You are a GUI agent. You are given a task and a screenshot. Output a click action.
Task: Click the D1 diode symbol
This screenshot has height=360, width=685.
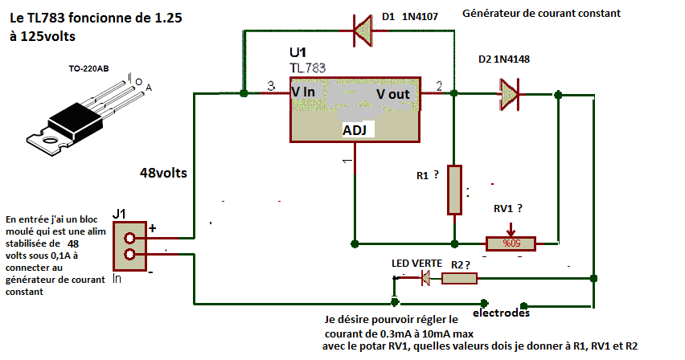363,32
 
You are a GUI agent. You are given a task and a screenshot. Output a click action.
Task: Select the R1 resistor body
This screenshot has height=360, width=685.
455,190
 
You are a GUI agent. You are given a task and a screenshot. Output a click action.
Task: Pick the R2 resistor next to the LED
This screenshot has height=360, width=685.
459,278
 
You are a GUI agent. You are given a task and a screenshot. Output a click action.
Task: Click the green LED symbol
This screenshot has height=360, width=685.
426,278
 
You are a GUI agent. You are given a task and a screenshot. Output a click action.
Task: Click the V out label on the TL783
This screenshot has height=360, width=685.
393,94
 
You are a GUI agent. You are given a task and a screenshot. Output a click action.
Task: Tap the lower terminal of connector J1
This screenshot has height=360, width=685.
130,257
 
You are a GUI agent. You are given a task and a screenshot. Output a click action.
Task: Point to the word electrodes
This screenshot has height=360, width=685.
502,313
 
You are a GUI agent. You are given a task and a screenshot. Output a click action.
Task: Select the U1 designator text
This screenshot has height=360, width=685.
298,53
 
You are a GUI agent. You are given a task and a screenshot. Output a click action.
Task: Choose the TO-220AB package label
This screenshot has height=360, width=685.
91,70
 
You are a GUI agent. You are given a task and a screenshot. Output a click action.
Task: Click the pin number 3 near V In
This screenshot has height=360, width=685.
271,85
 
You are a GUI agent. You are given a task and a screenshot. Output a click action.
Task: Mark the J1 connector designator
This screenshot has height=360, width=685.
121,213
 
